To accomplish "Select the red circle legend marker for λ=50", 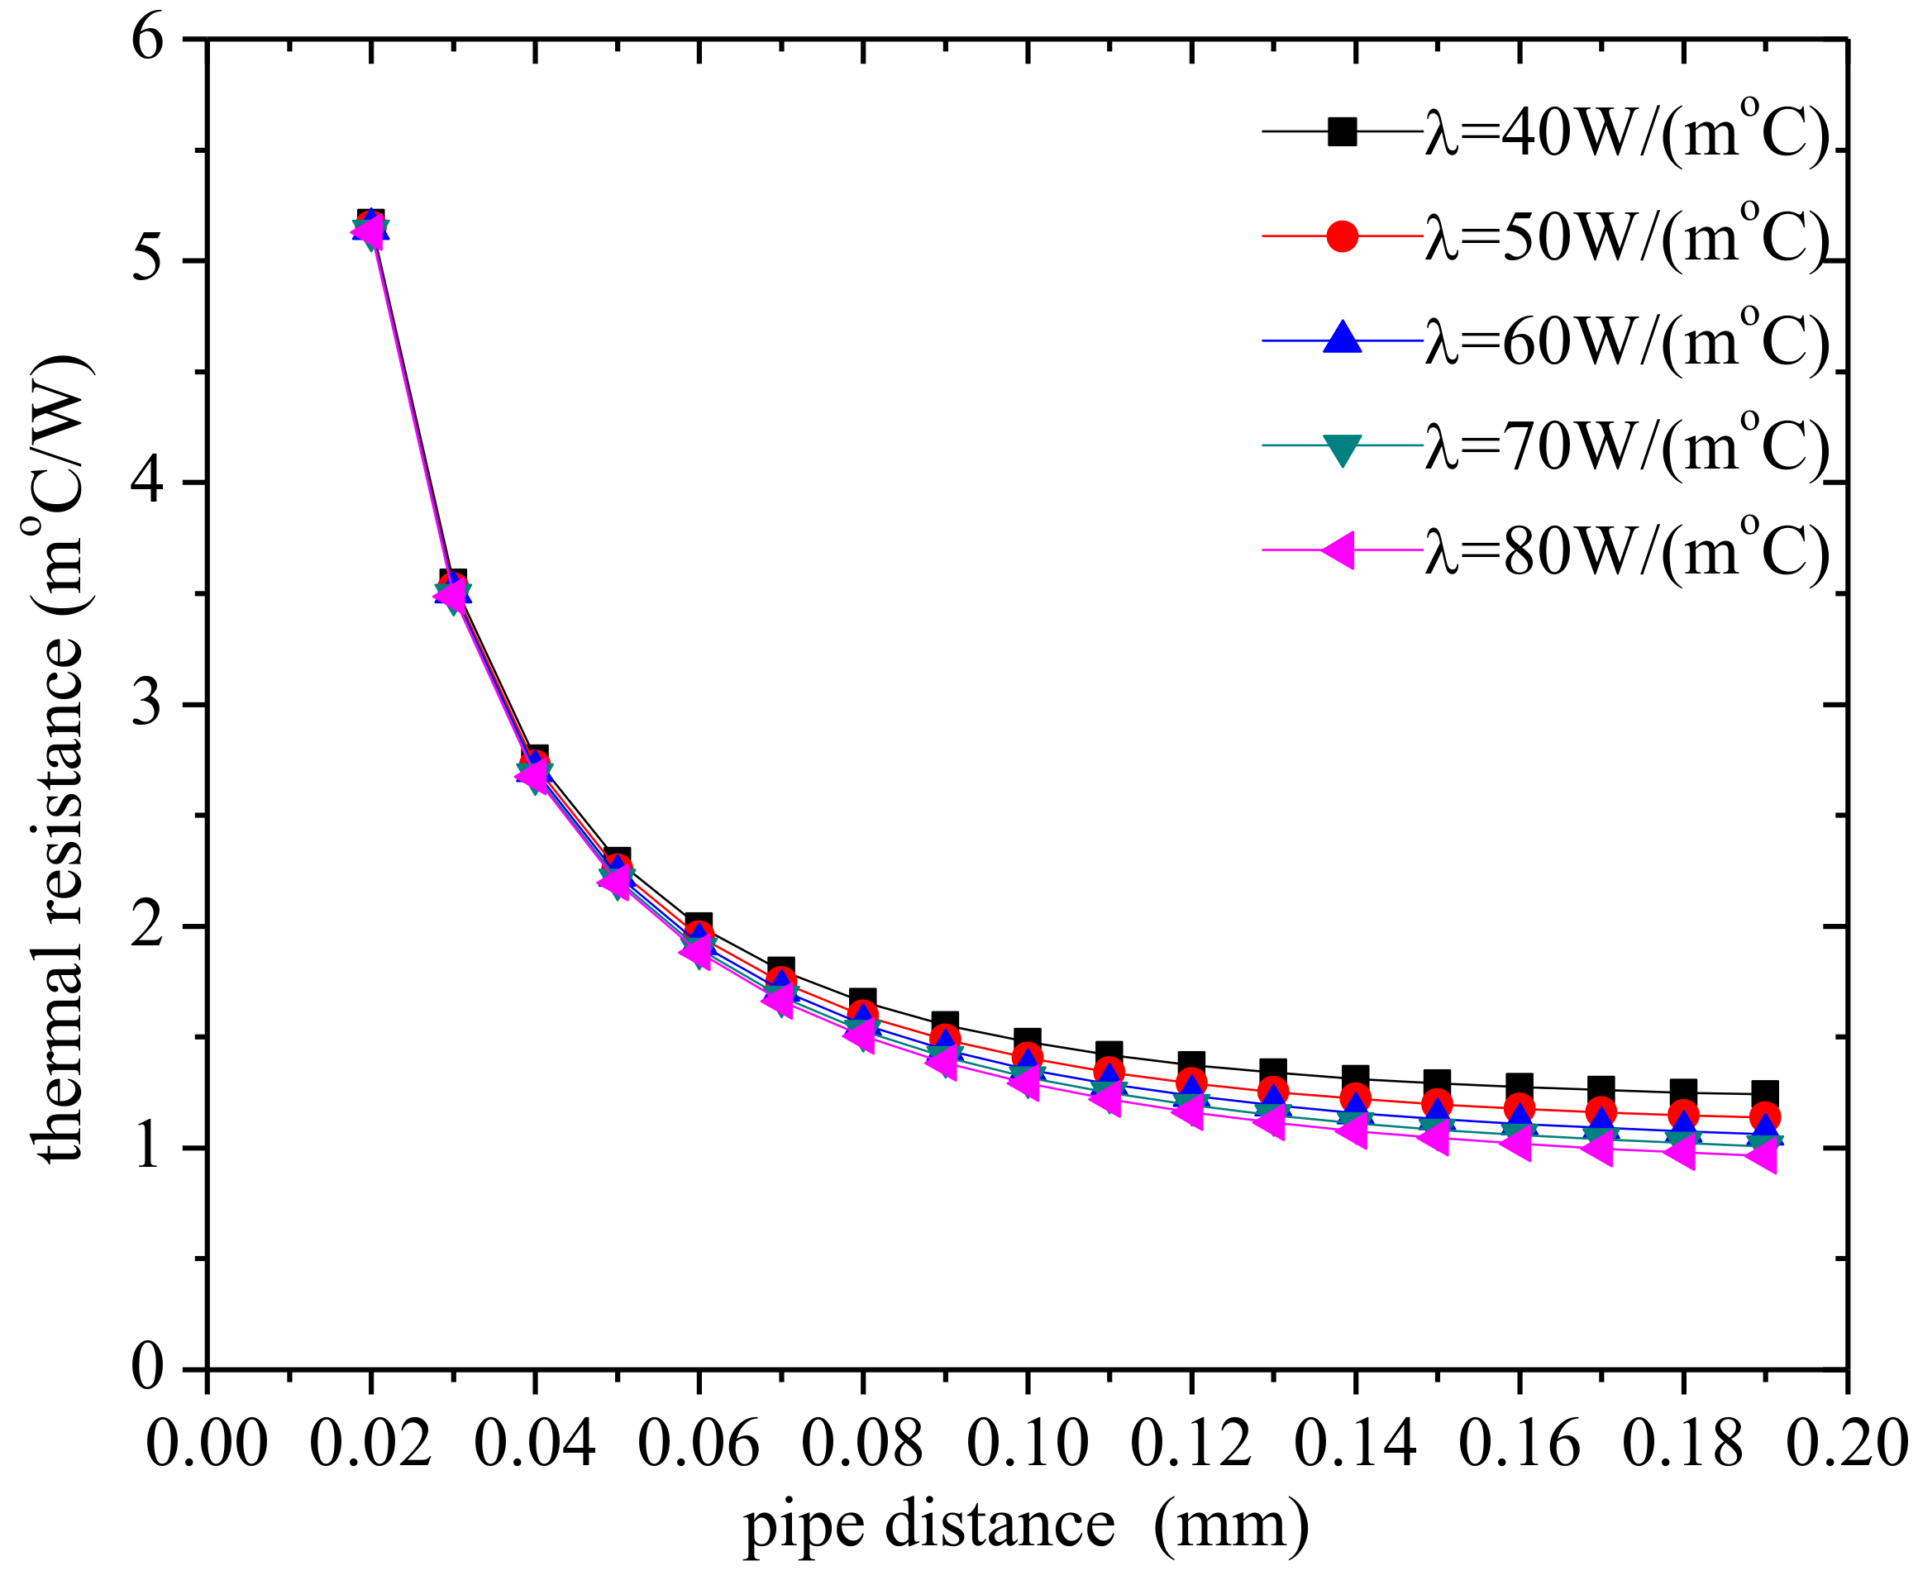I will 1342,236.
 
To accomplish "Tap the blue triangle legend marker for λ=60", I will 1342,340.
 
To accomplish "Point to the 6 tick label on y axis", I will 147,41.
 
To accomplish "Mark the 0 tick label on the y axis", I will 147,1368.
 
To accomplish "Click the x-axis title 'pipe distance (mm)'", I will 1026,1525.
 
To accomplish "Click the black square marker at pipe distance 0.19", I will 1764,1093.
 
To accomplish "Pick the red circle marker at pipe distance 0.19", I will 1764,1116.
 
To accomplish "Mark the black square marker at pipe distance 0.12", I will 1190,1063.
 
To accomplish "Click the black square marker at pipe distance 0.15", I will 1437,1083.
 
